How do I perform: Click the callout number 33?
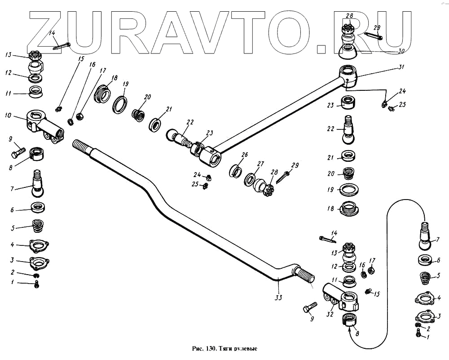tap(279, 298)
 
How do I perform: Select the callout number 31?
tap(401, 67)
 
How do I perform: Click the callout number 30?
tap(401, 51)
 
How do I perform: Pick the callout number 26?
tap(244, 154)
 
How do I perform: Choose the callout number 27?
tap(260, 164)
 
